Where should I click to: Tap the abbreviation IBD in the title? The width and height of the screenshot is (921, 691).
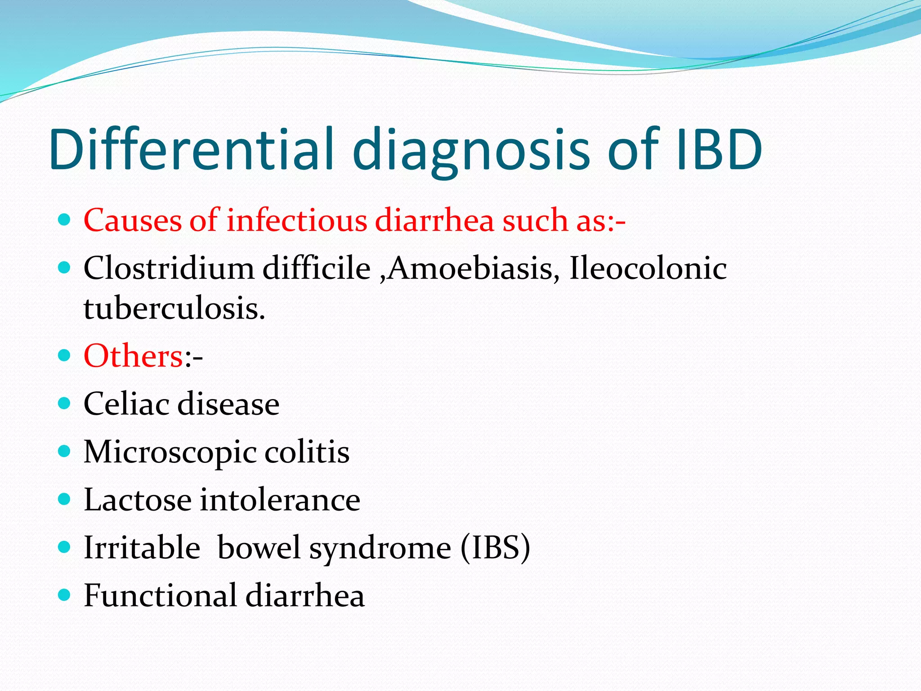pos(718,149)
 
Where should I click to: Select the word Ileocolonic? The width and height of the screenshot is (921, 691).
pos(648,269)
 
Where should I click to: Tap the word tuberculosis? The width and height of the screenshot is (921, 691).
pos(174,309)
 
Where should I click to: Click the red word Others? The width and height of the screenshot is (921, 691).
pos(134,356)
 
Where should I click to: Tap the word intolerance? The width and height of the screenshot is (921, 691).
pos(280,500)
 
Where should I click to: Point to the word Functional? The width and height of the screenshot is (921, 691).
pos(160,596)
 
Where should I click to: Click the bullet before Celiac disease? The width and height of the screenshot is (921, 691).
pos(65,403)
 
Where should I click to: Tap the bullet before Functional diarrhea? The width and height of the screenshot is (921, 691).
pos(65,595)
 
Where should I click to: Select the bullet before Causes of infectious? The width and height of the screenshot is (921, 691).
pos(65,220)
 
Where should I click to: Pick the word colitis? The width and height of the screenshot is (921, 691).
pos(307,452)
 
